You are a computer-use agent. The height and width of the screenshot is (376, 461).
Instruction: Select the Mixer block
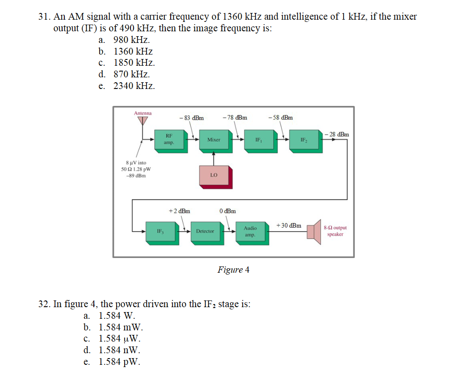point(214,139)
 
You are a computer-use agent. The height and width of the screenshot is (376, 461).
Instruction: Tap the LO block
point(214,175)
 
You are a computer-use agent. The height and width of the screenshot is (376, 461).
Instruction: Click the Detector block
point(205,231)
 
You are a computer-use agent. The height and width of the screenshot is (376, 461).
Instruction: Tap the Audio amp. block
point(250,231)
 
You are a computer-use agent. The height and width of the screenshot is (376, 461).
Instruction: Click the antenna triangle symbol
point(142,121)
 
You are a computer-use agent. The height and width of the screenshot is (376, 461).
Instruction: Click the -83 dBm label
point(191,118)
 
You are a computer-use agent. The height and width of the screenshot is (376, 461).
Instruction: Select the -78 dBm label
point(234,118)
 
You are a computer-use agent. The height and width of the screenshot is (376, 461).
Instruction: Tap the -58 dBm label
point(281,118)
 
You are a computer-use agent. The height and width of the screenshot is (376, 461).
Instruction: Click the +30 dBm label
point(289,225)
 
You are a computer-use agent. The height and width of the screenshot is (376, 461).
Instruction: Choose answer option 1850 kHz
point(134,63)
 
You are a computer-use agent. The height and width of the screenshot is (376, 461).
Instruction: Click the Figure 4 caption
point(233,270)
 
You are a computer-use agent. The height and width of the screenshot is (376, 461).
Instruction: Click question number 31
point(43,17)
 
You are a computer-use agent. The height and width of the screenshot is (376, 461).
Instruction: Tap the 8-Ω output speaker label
point(335,231)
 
